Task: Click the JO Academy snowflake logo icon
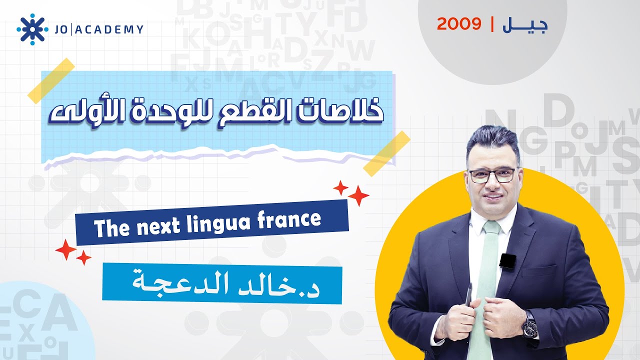tap(32, 29)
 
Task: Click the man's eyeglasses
tap(491, 175)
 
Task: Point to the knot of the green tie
tap(491, 229)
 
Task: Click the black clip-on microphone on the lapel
tap(507, 261)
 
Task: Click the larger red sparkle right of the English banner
tap(358, 195)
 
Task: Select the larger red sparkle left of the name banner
tap(66, 249)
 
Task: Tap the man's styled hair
tap(492, 140)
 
